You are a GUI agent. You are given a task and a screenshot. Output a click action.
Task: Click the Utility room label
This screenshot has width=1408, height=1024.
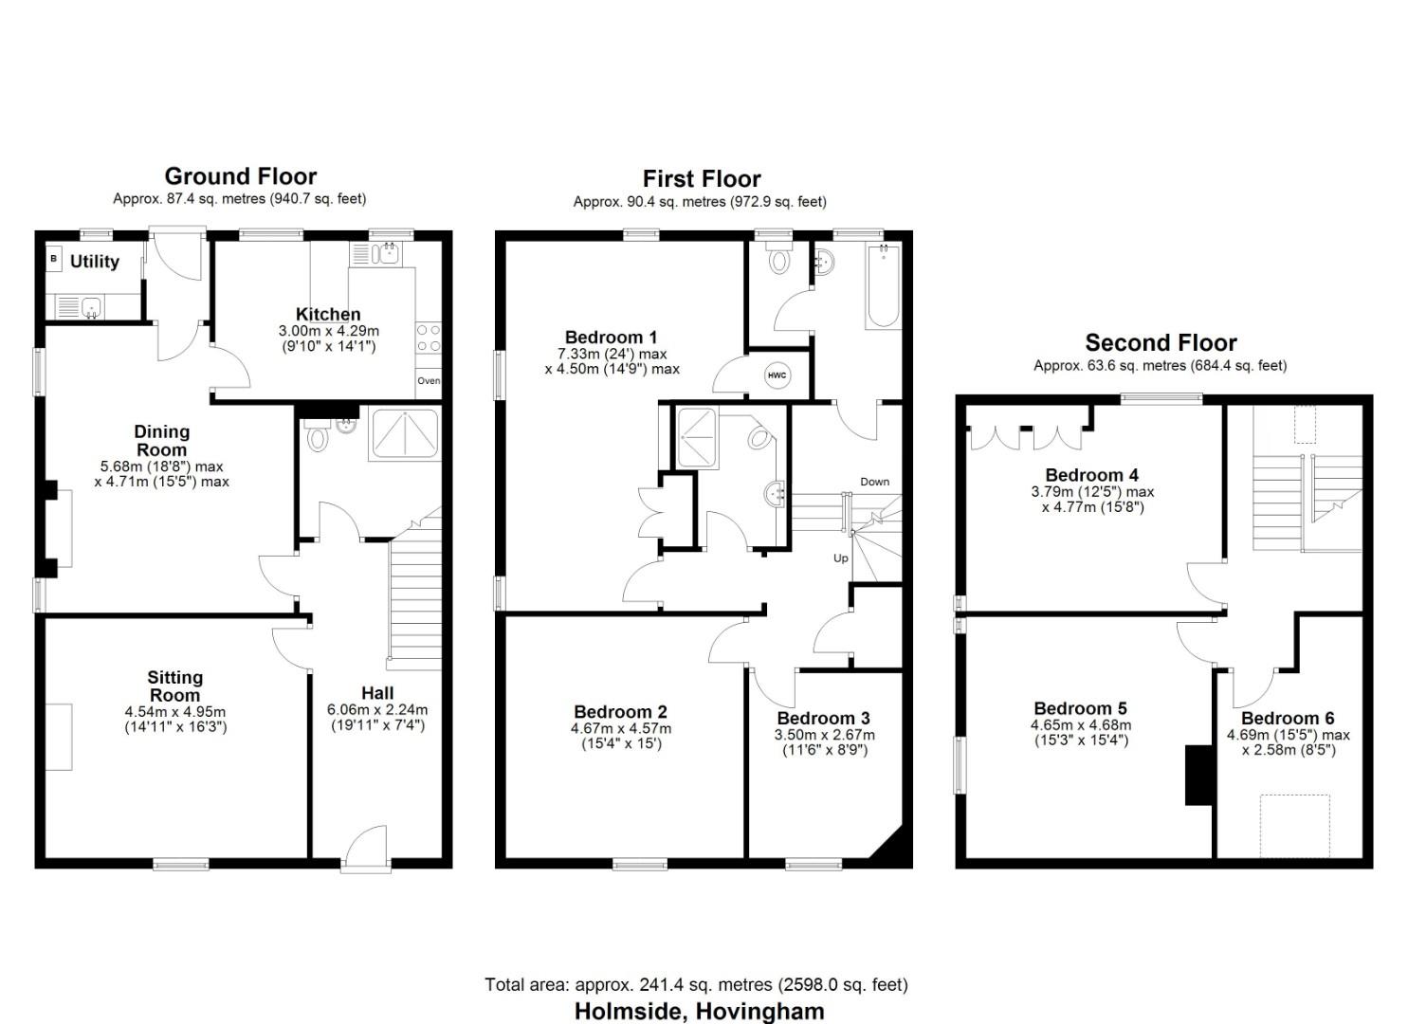click(x=95, y=262)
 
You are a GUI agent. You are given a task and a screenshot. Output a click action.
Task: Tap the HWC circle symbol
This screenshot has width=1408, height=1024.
click(x=777, y=375)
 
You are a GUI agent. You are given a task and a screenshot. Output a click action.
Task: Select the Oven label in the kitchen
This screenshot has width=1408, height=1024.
click(x=429, y=381)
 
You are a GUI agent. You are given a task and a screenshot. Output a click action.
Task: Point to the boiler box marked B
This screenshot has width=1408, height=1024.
click(x=54, y=258)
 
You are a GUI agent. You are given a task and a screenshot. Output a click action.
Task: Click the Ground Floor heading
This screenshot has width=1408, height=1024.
click(x=240, y=176)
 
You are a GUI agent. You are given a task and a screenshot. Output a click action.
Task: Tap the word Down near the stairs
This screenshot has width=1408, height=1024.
click(x=874, y=482)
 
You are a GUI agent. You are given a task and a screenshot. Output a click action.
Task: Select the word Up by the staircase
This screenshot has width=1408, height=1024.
click(x=840, y=558)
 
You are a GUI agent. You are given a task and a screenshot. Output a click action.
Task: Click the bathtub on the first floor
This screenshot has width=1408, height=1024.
click(x=883, y=285)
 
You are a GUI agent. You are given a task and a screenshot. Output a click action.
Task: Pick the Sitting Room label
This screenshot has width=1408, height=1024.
click(x=175, y=686)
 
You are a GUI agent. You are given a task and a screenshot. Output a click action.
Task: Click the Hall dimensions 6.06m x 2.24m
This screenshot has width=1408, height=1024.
click(x=377, y=709)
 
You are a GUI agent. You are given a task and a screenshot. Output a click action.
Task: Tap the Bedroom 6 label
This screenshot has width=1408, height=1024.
click(x=1287, y=718)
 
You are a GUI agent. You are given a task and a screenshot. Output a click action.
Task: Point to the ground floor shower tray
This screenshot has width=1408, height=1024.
click(x=406, y=434)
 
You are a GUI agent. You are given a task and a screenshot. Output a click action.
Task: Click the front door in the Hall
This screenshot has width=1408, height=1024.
click(x=366, y=847)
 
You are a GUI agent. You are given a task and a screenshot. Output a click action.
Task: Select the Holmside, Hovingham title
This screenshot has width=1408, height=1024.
click(x=699, y=1011)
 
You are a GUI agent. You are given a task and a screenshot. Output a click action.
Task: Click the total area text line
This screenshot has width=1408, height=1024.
click(x=696, y=984)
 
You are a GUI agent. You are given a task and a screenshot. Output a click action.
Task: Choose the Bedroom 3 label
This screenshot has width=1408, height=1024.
click(x=823, y=718)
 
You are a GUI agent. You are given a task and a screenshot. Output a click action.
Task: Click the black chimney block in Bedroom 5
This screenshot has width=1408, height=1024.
click(x=1199, y=776)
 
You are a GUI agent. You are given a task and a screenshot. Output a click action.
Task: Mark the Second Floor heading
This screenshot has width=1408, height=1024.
click(x=1161, y=343)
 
